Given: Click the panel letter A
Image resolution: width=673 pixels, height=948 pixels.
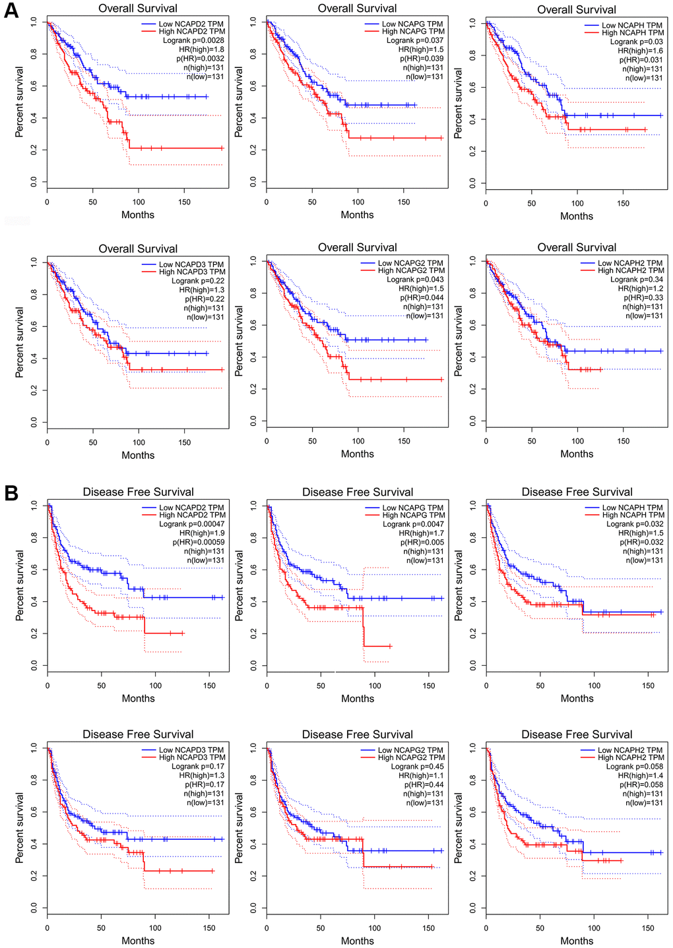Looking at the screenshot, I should click(x=11, y=11).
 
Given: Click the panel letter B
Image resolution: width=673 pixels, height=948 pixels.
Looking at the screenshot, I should click(x=11, y=493).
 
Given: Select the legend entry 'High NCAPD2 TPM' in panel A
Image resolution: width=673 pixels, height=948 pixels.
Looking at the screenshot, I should click(x=191, y=32).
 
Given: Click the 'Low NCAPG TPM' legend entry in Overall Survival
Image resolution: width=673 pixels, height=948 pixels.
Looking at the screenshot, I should click(x=412, y=24).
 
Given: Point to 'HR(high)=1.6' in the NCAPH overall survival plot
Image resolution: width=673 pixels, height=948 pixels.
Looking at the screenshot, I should click(x=641, y=51).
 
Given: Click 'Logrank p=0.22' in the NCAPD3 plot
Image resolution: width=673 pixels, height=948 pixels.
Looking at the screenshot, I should click(x=198, y=281).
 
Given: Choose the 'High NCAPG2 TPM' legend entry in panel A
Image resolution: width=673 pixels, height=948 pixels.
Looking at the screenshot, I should click(x=411, y=271).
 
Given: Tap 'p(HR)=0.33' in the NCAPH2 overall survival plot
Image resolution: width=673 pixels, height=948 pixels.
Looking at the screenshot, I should click(x=643, y=298).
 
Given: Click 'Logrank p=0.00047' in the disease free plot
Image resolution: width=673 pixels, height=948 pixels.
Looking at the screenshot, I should click(x=192, y=524).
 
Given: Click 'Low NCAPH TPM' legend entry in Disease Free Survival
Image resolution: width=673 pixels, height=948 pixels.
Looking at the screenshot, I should click(x=632, y=508).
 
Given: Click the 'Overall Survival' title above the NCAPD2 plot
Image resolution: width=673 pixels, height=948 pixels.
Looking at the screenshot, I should click(x=138, y=9).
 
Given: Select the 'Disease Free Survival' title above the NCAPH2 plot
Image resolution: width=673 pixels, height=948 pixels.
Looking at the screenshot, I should click(x=577, y=734).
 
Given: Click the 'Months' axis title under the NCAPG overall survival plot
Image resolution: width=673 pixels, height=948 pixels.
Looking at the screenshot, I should click(x=357, y=215).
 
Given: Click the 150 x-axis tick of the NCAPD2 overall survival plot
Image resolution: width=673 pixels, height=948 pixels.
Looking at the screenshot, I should click(x=185, y=202).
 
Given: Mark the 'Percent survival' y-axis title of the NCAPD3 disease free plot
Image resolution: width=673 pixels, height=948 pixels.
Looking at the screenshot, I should click(x=20, y=829).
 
